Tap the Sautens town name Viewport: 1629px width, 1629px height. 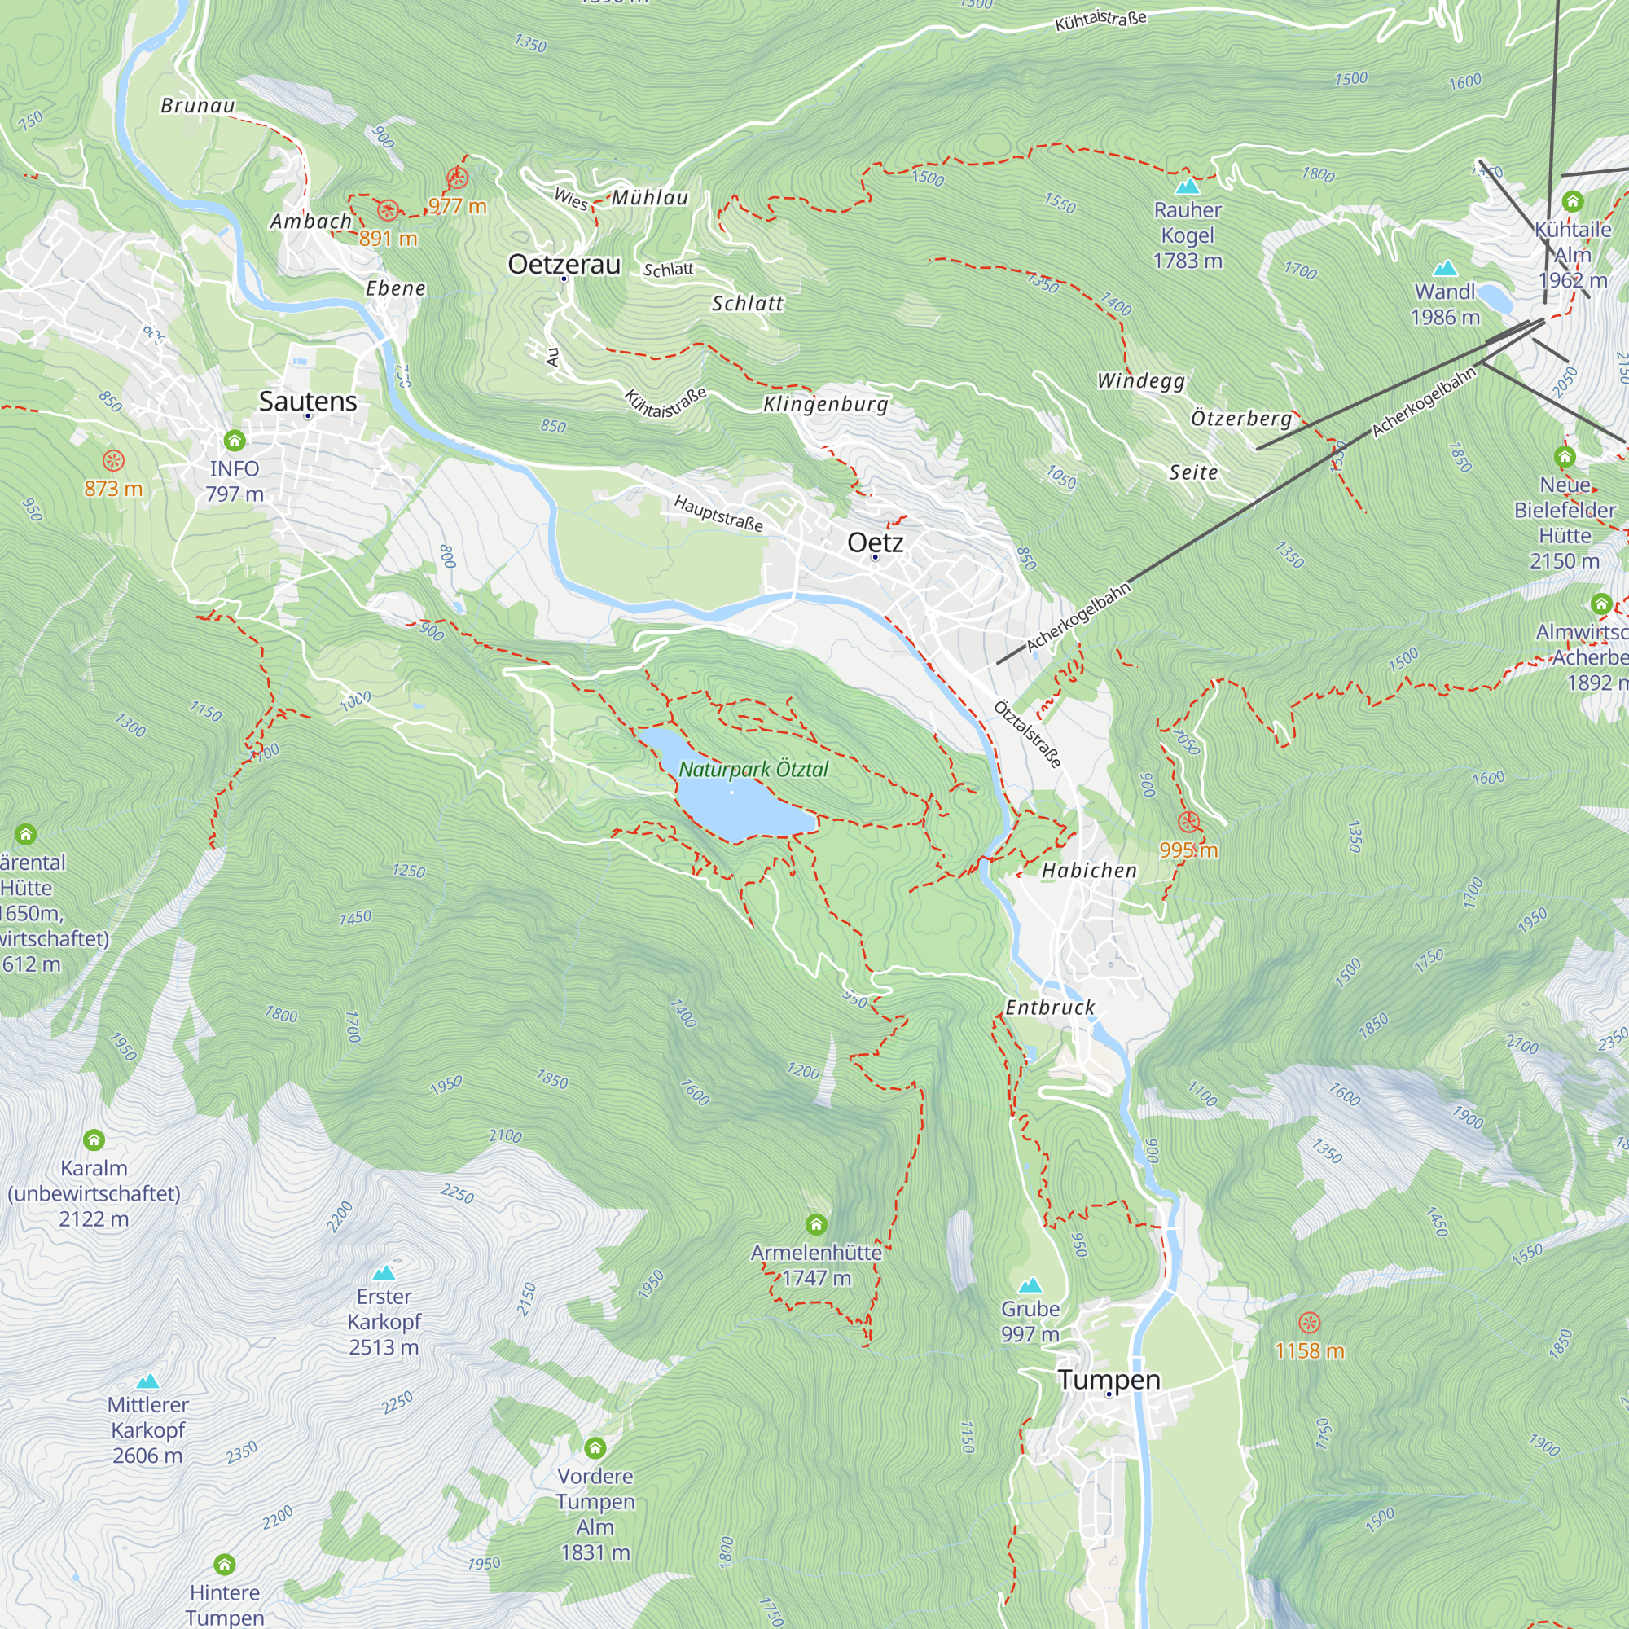pos(308,402)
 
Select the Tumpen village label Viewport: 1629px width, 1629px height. pos(1109,1380)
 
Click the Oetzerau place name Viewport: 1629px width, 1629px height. pos(564,265)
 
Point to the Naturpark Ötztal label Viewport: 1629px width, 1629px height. pos(753,769)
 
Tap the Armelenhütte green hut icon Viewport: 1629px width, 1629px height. pos(815,1223)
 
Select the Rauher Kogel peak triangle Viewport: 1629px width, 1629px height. pos(1188,186)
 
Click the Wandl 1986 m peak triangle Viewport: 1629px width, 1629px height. pos(1444,268)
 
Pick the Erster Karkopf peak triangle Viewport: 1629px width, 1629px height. pos(384,1272)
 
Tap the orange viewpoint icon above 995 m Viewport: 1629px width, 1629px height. pos(1188,822)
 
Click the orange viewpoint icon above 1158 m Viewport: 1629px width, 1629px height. pos(1309,1322)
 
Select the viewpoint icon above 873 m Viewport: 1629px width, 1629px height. pos(113,460)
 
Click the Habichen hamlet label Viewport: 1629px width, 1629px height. pos(1088,870)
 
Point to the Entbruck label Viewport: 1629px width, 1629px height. pos(1050,1008)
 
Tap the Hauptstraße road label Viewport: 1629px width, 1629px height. pos(718,513)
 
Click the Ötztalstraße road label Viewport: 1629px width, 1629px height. pos(1027,734)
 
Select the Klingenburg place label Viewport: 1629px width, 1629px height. pos(825,404)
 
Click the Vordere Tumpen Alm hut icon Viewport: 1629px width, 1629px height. pos(595,1448)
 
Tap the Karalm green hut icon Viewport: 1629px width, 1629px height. pos(94,1140)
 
